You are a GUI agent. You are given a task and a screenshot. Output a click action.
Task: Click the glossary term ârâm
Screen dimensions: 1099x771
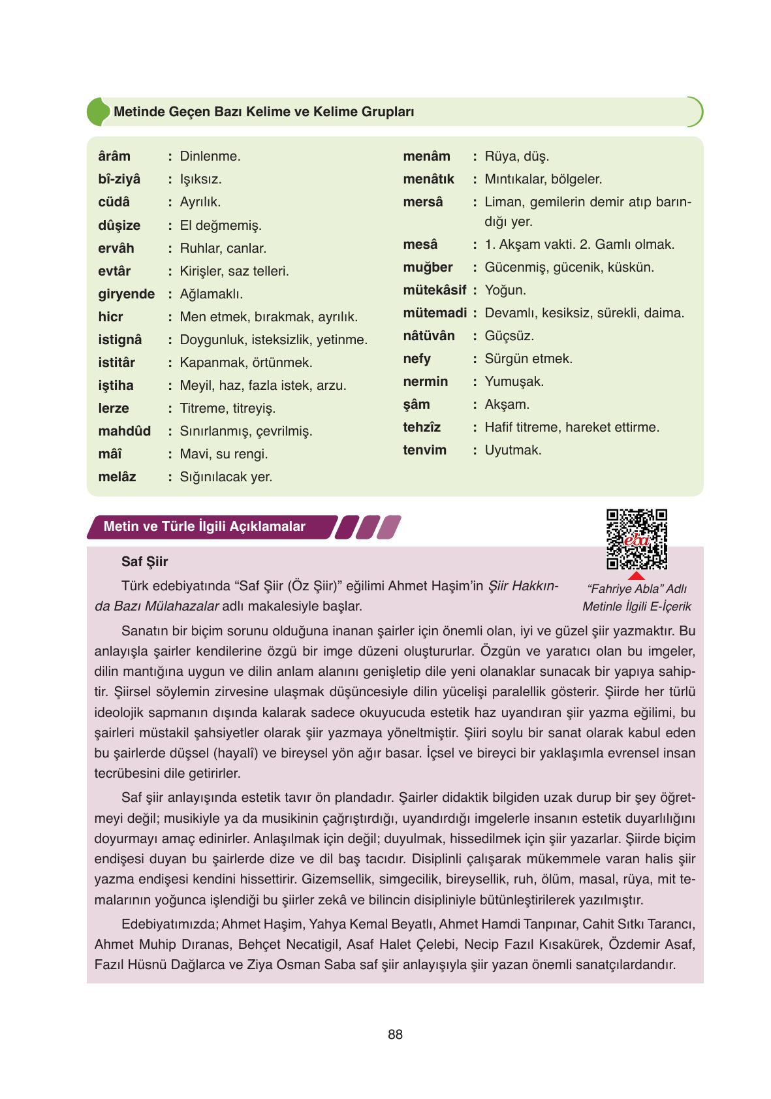coord(114,156)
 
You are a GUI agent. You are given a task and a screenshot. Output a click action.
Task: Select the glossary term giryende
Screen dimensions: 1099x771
coord(126,294)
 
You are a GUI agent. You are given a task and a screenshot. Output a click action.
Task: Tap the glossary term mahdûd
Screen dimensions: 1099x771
coord(124,431)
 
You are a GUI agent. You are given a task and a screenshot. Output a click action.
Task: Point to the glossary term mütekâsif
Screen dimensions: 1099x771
coord(434,290)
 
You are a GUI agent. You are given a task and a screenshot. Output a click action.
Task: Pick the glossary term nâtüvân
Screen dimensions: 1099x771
coord(428,336)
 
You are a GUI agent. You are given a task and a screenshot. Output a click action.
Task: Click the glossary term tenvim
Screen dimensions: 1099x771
coord(424,450)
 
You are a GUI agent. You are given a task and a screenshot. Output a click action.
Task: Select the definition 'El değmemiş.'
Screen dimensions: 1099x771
coord(220,225)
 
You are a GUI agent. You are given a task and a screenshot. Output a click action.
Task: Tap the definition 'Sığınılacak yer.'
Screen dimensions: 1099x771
coord(226,477)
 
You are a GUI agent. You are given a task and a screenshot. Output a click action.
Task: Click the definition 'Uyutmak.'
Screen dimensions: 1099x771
coord(512,450)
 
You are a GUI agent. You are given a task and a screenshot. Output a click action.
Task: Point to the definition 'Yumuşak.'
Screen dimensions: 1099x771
coord(514,381)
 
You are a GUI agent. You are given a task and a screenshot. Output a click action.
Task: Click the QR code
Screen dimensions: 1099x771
coord(637,539)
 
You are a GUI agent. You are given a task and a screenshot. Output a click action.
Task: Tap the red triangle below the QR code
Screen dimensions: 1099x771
coord(637,575)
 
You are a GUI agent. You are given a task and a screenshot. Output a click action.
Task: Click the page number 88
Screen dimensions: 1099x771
coord(395,1034)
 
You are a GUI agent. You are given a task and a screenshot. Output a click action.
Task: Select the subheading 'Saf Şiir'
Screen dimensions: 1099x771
coord(144,562)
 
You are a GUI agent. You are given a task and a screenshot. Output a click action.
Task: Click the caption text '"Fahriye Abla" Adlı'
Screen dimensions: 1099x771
coord(637,589)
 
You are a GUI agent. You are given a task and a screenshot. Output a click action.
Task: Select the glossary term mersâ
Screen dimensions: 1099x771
coord(422,202)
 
